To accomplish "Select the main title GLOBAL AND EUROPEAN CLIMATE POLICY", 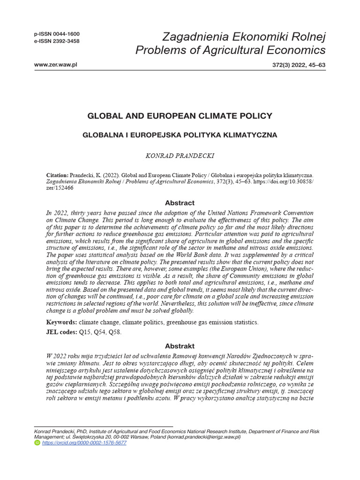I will coord(180,115).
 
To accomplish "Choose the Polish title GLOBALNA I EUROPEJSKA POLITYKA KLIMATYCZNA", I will coord(180,135).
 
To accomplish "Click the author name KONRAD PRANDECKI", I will coord(180,155).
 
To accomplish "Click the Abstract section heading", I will coord(180,203).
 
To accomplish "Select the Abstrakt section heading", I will coord(180,346).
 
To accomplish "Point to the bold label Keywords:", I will coord(61,322).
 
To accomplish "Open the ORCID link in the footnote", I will coord(84,442).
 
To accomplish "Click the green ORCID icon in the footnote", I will coord(37,442).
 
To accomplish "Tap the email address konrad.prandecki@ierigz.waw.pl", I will coord(200,436).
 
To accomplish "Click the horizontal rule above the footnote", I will coord(103,426).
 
